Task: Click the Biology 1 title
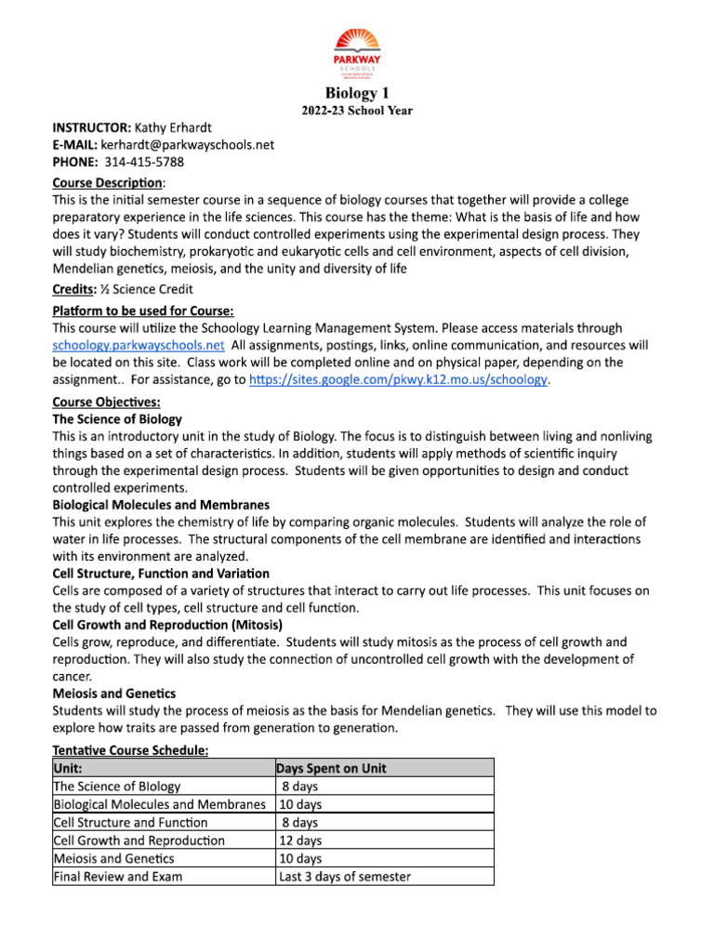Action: (357, 93)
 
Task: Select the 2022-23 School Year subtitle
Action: (357, 111)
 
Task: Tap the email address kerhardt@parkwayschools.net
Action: (181, 145)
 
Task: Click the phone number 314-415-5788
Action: (144, 163)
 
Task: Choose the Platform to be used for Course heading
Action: (141, 310)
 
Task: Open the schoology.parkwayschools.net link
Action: (138, 345)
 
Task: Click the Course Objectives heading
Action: (106, 402)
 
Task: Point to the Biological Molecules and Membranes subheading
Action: (161, 505)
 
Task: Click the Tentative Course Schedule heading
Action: (130, 750)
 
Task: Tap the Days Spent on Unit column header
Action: (332, 769)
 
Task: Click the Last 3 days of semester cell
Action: (345, 877)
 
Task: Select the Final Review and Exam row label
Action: (118, 877)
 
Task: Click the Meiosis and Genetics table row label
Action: (114, 859)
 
